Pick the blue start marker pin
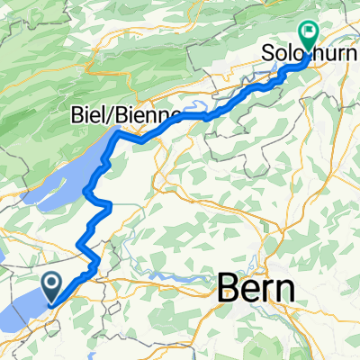53,288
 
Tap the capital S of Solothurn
268,54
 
